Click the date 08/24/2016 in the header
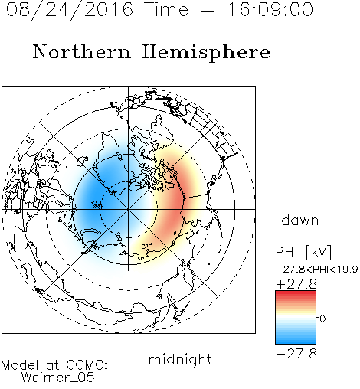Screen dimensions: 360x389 tap(70, 10)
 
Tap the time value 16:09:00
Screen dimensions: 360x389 tap(270, 9)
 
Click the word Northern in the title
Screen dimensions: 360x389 tap(82, 51)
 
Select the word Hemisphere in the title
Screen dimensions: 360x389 tap(206, 53)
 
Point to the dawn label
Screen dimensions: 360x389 tap(300, 220)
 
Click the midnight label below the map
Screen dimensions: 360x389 tap(180, 359)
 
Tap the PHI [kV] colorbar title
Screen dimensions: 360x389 tap(303, 252)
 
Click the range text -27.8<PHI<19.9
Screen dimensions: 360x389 tap(316, 270)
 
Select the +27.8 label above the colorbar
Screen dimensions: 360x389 tap(296, 284)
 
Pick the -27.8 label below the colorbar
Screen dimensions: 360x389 tap(296, 354)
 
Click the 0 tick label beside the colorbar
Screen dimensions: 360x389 tap(322, 319)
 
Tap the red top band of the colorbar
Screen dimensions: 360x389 tap(296, 293)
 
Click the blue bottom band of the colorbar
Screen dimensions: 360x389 tap(296, 341)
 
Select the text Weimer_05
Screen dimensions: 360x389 tap(58, 378)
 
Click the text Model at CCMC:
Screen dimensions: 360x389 tap(54, 365)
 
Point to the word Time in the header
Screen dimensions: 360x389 tap(166, 9)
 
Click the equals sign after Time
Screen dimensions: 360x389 tap(208, 10)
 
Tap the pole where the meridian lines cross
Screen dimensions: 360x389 tap(129, 209)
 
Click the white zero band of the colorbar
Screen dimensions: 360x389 tap(296, 318)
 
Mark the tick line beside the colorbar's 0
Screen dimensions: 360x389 tap(318, 318)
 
